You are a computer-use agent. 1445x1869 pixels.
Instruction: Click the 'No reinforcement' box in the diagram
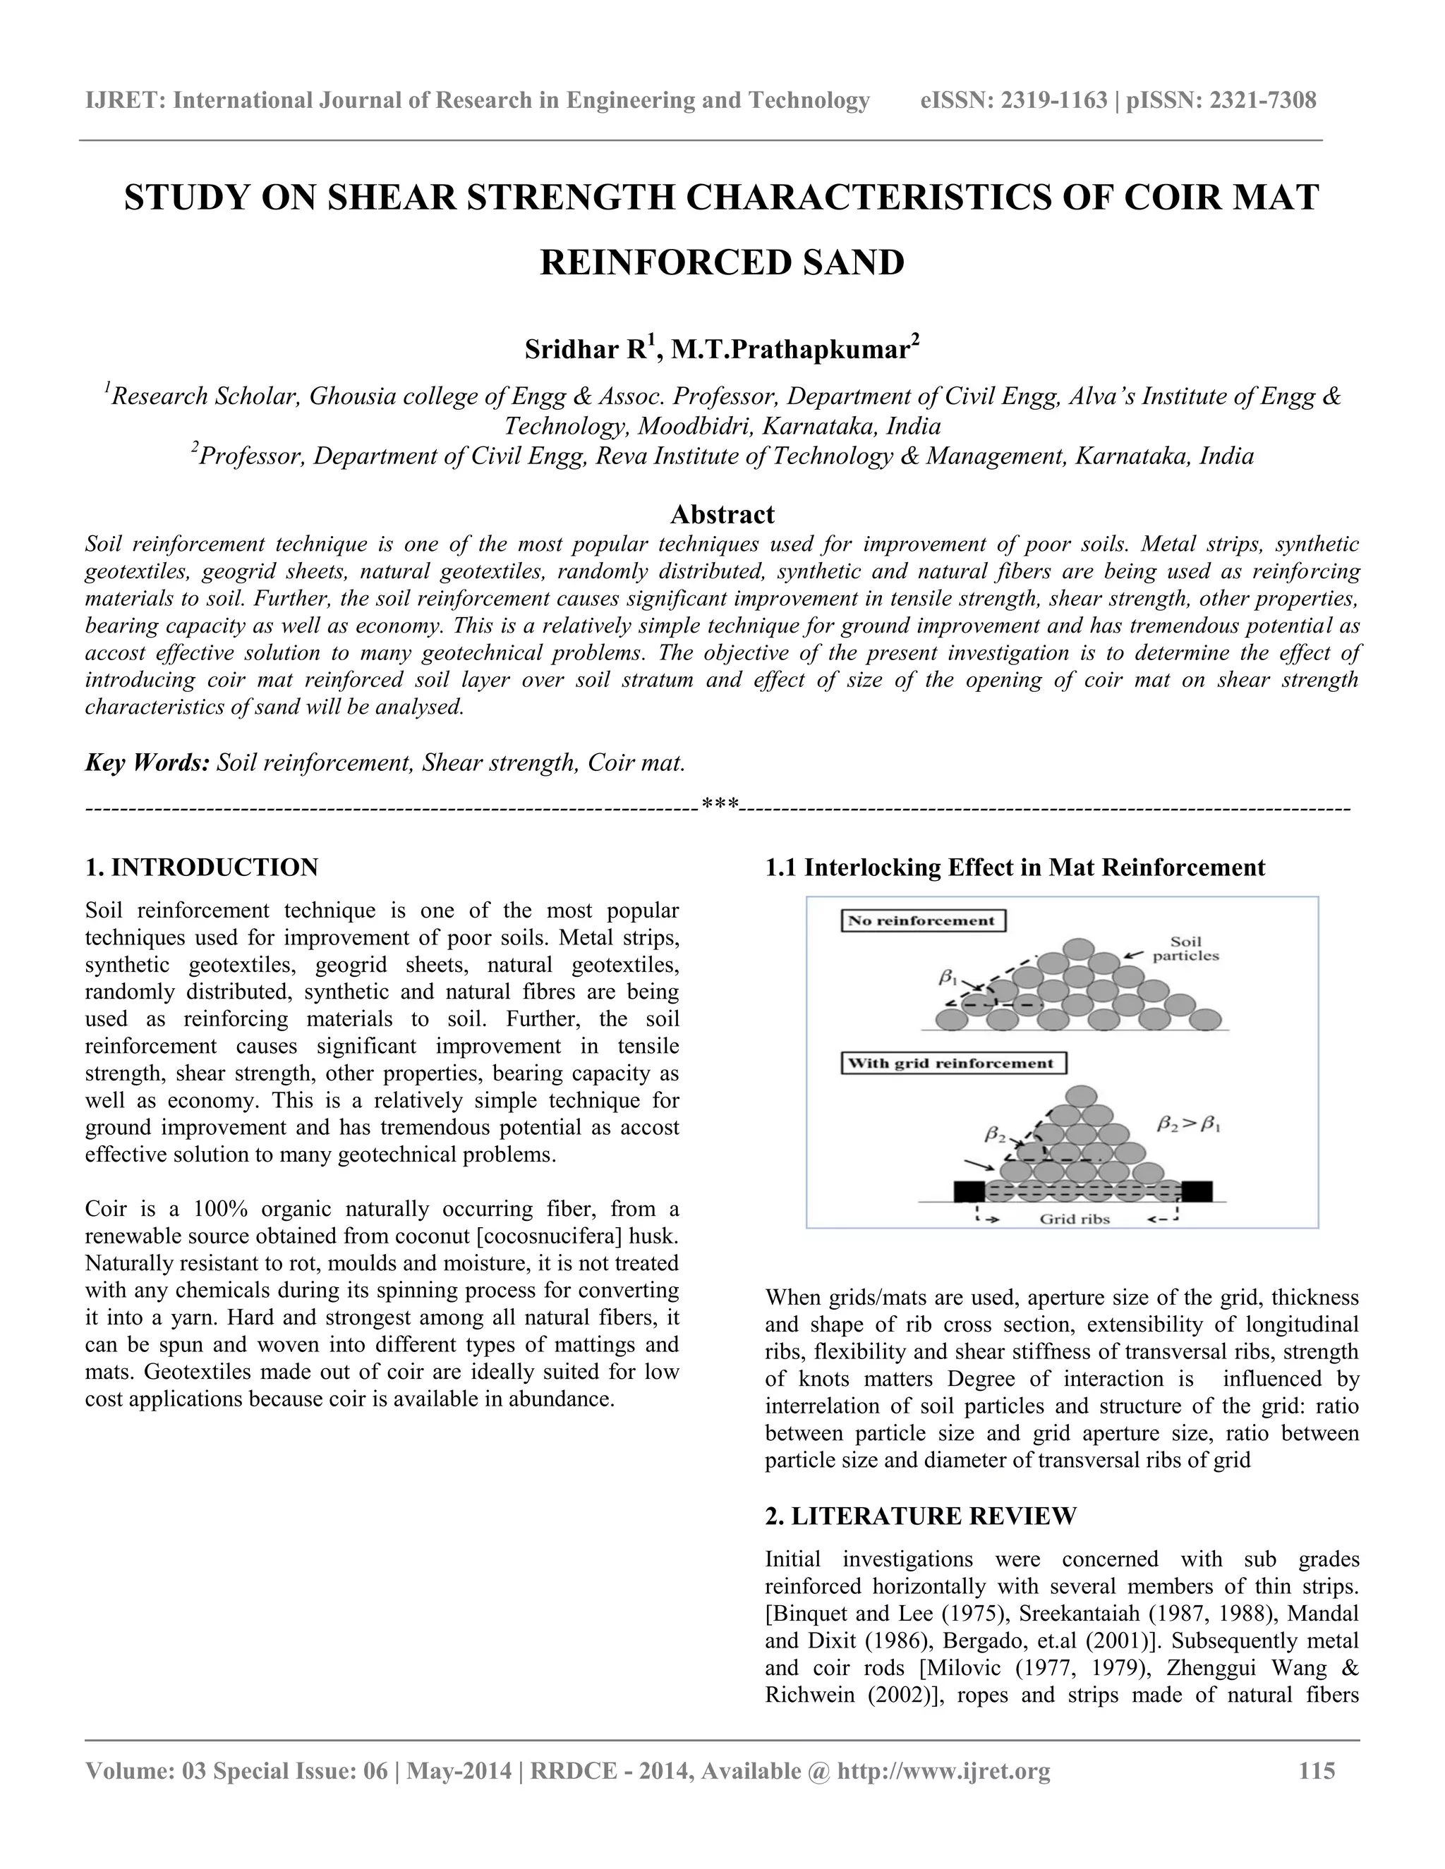coord(923,921)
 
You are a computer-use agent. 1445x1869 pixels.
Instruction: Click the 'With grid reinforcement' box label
coord(954,1063)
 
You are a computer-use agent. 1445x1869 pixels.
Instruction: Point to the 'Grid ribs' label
coord(1075,1219)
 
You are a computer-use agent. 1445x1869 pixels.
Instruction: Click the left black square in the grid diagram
coord(970,1191)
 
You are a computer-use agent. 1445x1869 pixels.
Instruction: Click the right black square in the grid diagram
coord(1197,1191)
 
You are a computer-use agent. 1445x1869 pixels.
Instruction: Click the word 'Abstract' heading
coord(722,514)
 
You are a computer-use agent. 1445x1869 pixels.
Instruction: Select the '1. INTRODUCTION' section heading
coord(202,867)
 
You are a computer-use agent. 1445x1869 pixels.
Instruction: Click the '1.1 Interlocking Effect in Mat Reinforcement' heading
coord(1015,867)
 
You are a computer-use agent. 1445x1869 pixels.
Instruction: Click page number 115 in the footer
coord(1317,1770)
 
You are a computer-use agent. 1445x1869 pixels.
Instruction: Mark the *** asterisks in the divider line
coord(719,805)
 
